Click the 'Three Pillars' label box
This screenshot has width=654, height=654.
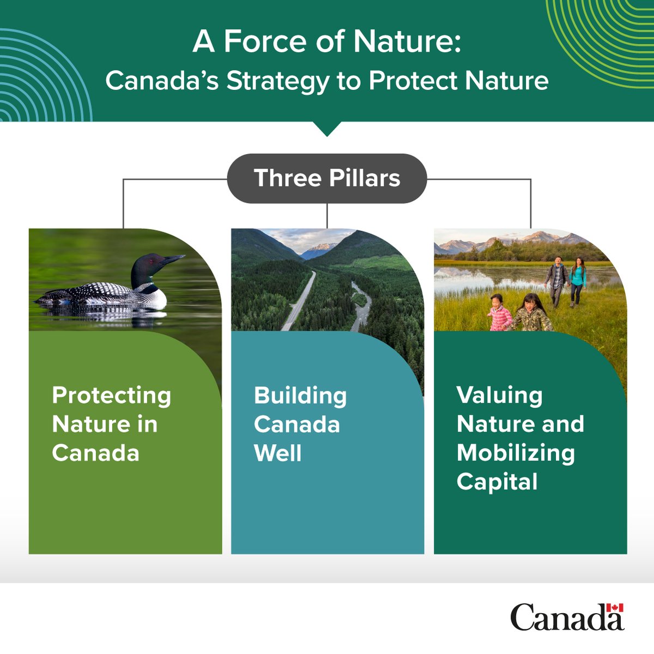tap(327, 179)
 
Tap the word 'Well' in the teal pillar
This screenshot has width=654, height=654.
tap(277, 453)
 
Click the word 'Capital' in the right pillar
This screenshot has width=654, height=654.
tap(497, 482)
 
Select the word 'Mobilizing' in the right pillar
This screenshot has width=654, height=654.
tap(516, 453)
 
